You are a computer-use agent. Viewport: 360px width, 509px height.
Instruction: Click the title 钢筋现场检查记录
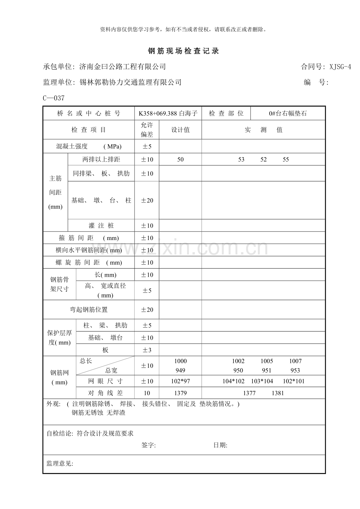tap(183, 51)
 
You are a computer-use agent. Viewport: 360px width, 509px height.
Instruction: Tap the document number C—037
tap(54, 98)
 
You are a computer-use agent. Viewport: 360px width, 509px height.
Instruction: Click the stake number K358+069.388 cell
tap(168, 114)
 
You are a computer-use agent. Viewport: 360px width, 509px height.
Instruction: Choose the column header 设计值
tap(180, 130)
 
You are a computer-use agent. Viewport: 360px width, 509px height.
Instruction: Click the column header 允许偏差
tap(147, 130)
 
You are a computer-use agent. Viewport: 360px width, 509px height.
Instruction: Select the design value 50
tap(180, 160)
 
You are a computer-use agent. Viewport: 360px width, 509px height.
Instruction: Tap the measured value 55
tap(286, 160)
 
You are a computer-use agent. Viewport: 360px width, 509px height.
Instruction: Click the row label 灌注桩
tap(101, 226)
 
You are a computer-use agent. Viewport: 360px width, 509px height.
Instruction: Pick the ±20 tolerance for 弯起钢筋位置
tap(147, 310)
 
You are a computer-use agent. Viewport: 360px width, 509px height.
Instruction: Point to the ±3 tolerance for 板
tap(147, 350)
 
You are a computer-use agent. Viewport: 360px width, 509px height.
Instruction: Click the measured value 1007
tap(295, 361)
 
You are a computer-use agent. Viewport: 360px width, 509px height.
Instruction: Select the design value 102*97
tap(180, 381)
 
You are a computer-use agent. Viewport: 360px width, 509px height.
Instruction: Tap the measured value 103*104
tap(262, 381)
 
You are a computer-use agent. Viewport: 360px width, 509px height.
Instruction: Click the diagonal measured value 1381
tap(277, 393)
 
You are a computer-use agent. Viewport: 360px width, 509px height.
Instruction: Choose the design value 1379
tap(180, 393)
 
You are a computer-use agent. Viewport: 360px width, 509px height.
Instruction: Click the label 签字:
tap(149, 445)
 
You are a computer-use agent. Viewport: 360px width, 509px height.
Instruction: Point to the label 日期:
tap(220, 445)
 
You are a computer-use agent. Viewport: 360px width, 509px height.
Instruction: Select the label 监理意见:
tap(60, 464)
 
